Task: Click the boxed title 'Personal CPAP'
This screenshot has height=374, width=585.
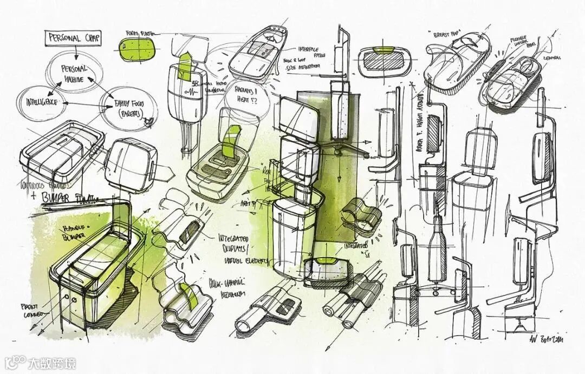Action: point(71,38)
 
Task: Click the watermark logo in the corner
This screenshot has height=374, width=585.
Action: point(41,362)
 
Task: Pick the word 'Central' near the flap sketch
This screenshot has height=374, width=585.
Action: point(552,57)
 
